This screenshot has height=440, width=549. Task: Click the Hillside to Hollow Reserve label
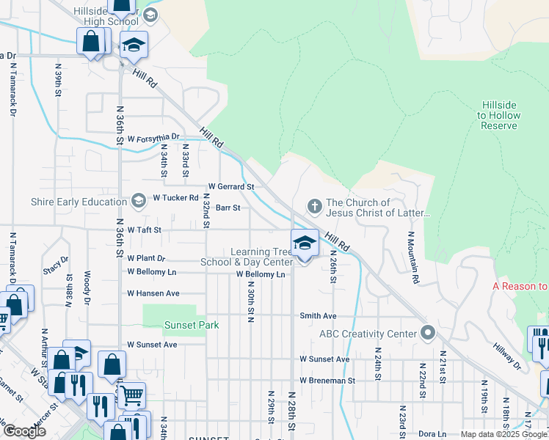499,115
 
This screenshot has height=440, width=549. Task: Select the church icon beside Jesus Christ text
314,206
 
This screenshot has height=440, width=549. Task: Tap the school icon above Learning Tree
304,242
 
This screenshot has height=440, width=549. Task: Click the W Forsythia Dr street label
153,137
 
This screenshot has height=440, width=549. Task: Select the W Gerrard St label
231,187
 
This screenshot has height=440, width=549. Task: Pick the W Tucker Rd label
175,198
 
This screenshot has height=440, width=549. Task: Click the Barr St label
228,208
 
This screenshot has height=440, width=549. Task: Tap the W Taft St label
144,230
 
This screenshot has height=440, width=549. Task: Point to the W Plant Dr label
146,258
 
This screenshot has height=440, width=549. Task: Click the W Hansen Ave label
153,293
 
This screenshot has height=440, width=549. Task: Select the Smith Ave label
318,316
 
